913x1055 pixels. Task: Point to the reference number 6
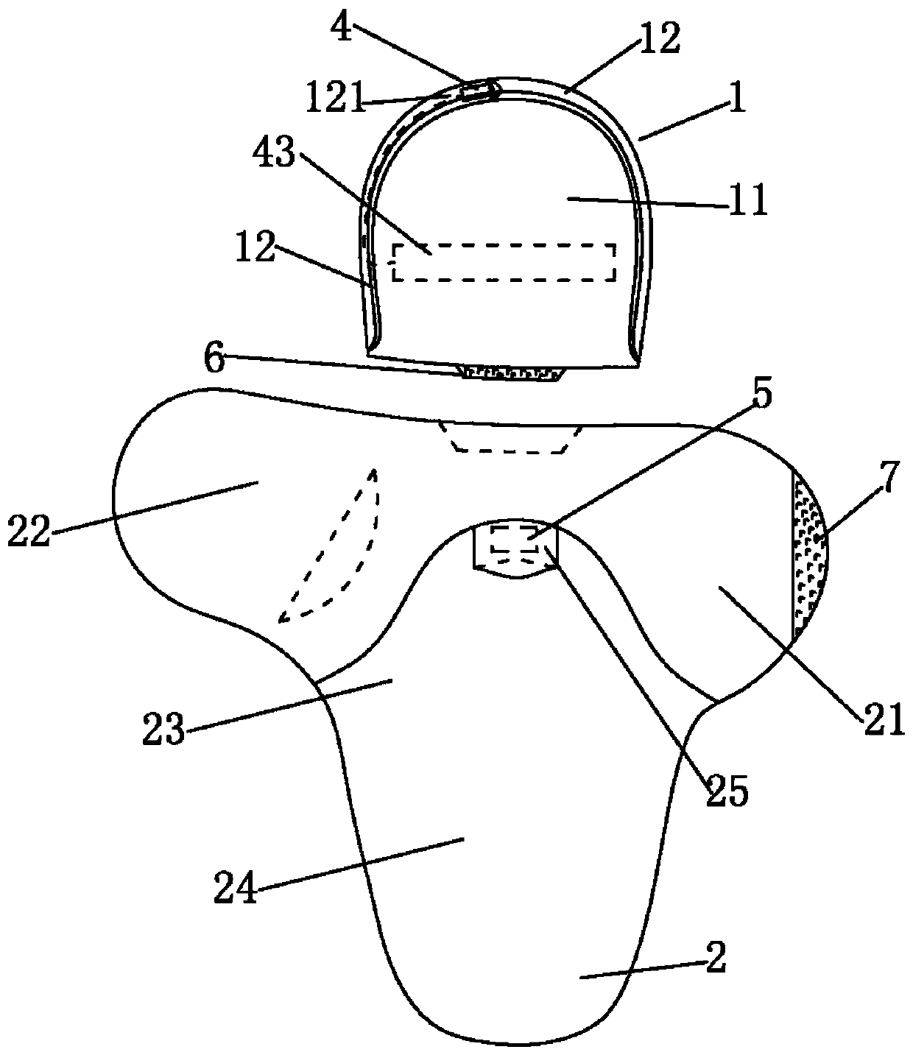click(215, 361)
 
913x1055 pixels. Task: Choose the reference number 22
click(29, 532)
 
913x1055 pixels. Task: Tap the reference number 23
click(164, 731)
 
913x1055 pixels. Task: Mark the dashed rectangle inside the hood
click(504, 262)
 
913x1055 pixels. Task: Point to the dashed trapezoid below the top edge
click(510, 437)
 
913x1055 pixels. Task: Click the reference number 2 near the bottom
click(715, 959)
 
